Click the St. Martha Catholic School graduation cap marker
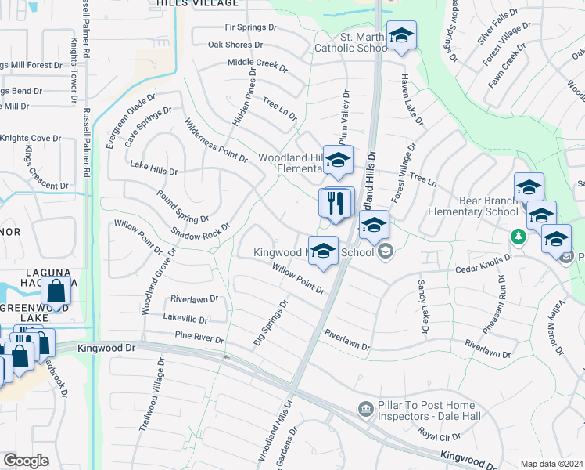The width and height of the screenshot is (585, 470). [401, 36]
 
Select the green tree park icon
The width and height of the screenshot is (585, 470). [517, 235]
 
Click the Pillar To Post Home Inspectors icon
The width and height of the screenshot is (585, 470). [364, 408]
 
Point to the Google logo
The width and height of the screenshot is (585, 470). [26, 461]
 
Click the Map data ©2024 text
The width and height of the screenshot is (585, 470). [551, 464]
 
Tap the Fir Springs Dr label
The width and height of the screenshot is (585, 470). [251, 27]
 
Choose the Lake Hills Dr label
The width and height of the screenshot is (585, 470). [154, 167]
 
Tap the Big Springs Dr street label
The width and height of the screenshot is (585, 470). [271, 321]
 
